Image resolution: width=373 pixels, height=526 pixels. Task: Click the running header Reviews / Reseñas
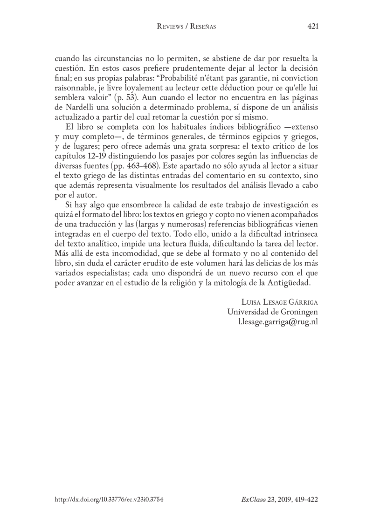pyautogui.click(x=186, y=27)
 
